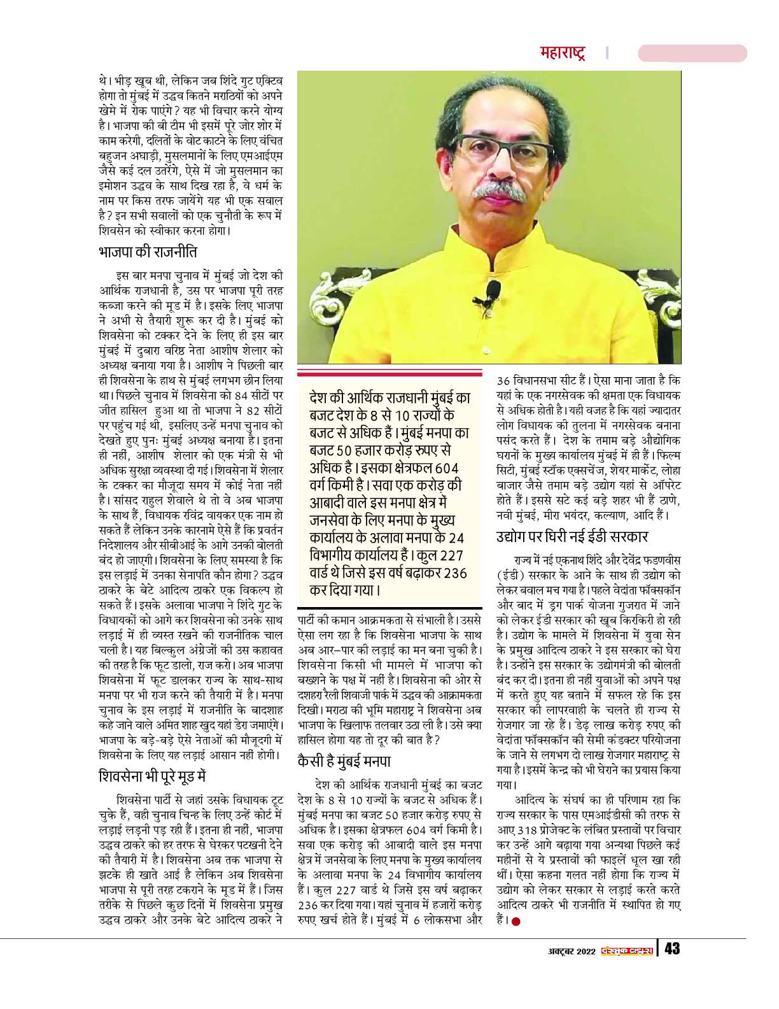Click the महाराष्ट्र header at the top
[x=563, y=52]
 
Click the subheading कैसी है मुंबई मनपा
[x=344, y=761]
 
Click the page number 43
[x=672, y=949]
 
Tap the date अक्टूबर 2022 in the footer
[x=572, y=950]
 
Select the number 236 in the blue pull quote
[x=454, y=573]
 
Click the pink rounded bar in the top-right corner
[x=692, y=53]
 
